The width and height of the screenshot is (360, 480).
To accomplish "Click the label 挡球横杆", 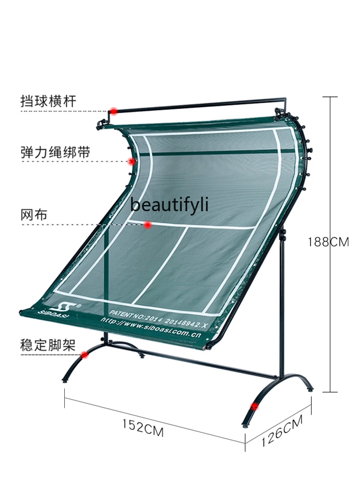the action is point(48,101).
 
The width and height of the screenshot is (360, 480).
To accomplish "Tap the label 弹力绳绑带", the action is point(55,152).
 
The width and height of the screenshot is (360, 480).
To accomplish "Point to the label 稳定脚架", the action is point(48,346).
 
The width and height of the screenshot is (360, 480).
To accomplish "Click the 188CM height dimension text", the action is point(328,242).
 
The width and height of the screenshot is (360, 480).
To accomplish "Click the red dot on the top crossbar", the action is point(113,111).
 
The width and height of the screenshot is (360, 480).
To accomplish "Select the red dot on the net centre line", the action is point(148,224).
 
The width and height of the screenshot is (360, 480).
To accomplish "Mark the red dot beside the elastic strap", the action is point(131,161).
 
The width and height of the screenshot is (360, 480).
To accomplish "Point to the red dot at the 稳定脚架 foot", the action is point(85,355).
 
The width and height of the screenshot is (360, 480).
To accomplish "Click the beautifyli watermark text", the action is point(169,205).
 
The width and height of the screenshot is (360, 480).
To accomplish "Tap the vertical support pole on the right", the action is point(283,307).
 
